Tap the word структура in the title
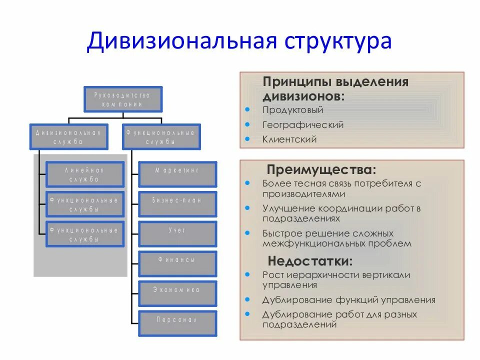338,41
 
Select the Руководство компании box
122,99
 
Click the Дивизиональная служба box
68,136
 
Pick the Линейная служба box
84,174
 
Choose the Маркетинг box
177,174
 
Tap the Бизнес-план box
177,204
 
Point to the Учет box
177,234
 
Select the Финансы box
177,263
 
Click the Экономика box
177,293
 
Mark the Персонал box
177,323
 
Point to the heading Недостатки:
310,261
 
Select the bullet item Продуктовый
293,110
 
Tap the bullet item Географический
303,125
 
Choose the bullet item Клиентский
289,139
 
